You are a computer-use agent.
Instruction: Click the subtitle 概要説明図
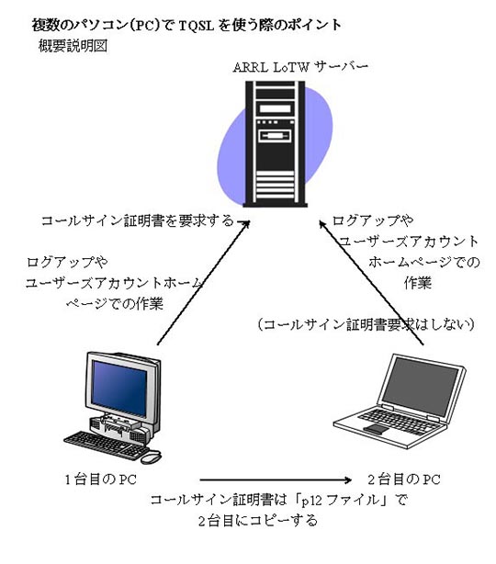(73, 46)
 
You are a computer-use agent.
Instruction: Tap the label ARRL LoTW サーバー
(300, 67)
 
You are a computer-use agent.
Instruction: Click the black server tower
(276, 144)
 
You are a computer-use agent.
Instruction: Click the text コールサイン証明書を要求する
(138, 220)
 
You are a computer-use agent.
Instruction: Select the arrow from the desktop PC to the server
(204, 282)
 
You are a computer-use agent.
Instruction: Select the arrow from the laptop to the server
(372, 282)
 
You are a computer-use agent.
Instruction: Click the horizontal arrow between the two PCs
(276, 479)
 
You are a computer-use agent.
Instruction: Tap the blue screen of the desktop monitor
(119, 389)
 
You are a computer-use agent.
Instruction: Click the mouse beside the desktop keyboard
(151, 457)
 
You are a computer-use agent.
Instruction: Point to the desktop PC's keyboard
(107, 445)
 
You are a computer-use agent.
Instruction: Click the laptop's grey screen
(420, 387)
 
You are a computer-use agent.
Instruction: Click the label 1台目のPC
(101, 479)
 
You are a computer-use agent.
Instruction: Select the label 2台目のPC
(404, 479)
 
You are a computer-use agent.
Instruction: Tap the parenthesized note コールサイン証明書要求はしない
(366, 324)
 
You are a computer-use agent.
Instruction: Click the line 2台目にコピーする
(258, 521)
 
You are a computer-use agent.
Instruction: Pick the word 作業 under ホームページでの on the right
(418, 283)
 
